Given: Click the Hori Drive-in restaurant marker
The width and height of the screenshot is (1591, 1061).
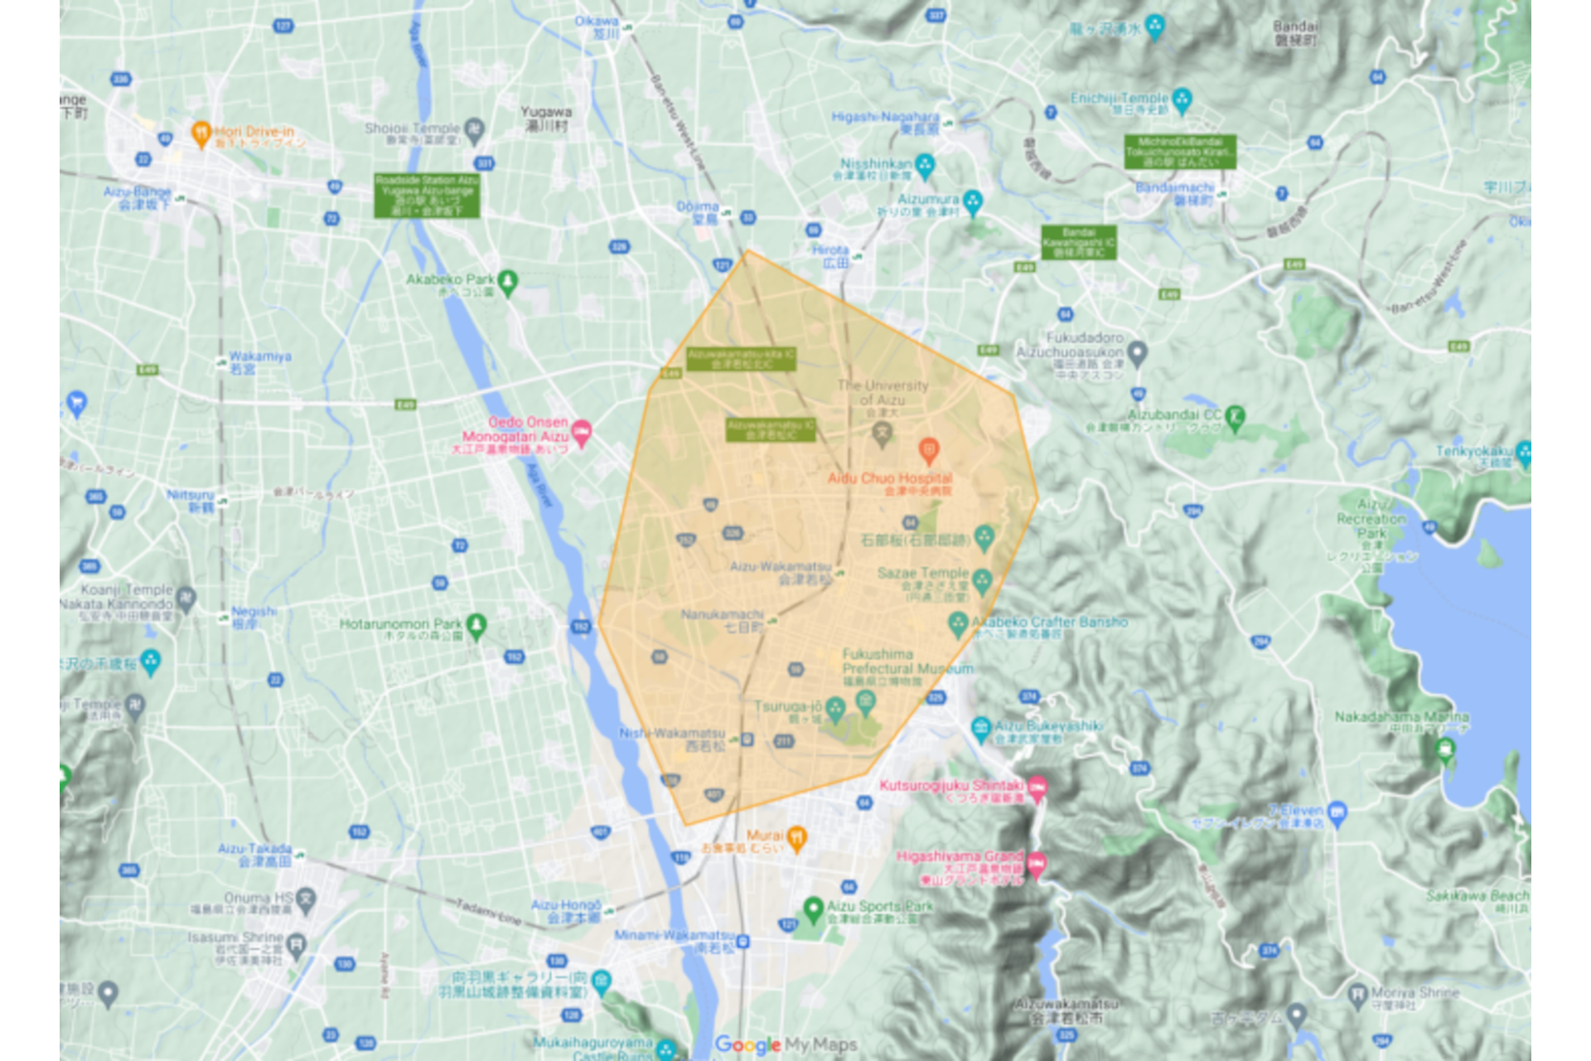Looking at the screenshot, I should [x=201, y=133].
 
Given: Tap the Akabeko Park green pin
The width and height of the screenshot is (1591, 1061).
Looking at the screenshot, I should [x=508, y=282].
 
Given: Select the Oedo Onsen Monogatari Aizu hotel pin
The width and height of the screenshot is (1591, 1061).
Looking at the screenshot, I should [x=582, y=432].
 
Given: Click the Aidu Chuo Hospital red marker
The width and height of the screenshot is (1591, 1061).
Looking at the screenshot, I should [x=929, y=450].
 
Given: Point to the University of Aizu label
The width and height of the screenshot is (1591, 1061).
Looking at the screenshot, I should [x=883, y=392].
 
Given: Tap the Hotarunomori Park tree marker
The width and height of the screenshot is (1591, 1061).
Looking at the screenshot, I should [x=476, y=625].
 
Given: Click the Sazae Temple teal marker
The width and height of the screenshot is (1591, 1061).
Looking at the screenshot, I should [x=983, y=580].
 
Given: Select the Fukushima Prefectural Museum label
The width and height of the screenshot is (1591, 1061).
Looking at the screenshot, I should [x=907, y=661].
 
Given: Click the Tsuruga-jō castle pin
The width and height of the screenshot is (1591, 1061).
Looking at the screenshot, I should [x=835, y=709].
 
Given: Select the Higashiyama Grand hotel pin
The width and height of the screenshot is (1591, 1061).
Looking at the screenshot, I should [x=1036, y=865].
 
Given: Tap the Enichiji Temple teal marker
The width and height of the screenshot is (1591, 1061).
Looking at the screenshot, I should [x=1182, y=99].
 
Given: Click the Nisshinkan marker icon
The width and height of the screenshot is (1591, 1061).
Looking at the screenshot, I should [x=926, y=165].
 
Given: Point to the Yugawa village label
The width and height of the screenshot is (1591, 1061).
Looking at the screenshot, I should [x=546, y=118].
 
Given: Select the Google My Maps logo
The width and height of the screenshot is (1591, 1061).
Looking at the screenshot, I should [x=786, y=1044].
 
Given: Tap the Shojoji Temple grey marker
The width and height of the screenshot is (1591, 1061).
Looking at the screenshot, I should [x=474, y=129].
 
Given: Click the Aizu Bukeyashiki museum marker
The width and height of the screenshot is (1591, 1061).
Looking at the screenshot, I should [x=981, y=729].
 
